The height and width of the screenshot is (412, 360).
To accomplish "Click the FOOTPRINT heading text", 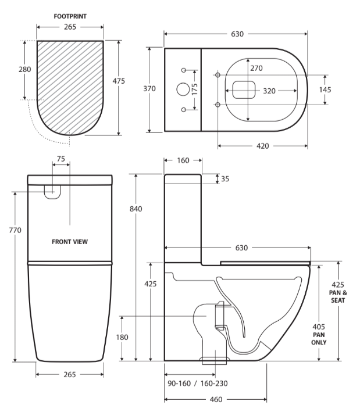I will (70, 16).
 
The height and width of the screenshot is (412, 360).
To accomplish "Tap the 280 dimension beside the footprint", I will (24, 69).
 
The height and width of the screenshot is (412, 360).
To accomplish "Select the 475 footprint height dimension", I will (119, 81).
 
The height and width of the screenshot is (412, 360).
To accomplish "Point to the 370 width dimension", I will (150, 89).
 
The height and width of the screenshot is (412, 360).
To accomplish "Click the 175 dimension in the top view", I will (195, 89).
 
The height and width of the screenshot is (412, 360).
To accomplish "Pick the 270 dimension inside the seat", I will (256, 68).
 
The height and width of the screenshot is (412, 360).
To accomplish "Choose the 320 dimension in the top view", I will (269, 91).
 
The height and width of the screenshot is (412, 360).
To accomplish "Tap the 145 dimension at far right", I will (326, 89).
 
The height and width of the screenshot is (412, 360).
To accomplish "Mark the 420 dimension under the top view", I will (262, 146).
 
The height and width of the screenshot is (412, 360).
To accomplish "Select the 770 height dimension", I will (15, 230).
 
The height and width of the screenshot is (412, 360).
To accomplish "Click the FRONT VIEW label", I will (70, 242).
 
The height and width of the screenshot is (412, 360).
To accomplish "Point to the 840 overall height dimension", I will (136, 209).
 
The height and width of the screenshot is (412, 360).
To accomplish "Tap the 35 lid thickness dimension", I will (224, 179).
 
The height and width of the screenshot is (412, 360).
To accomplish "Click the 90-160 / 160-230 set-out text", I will (197, 384).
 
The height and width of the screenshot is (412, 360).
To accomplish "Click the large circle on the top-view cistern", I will (183, 89).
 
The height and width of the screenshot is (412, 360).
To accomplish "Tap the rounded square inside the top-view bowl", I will (244, 89).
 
